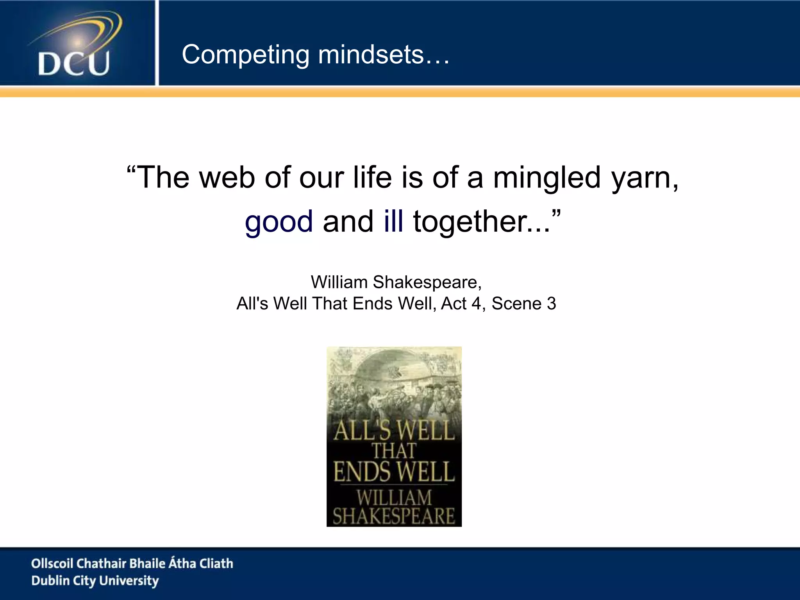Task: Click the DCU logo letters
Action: coord(73,63)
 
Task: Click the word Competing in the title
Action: coord(245,55)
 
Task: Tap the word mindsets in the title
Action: coord(371,55)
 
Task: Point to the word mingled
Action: coord(546,178)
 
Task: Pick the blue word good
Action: coord(279,222)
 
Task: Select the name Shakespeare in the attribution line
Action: coord(427,282)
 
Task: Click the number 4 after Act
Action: coord(476,304)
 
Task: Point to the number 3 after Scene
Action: coord(551,304)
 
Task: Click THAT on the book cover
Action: coord(394,451)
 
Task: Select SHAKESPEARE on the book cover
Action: coord(394,516)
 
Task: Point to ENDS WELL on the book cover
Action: coord(394,472)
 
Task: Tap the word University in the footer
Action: coord(129,581)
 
